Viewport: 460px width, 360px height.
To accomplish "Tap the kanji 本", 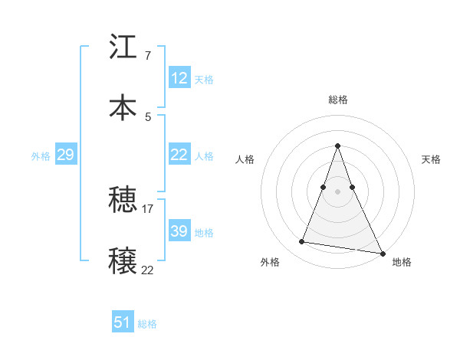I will point(123,107).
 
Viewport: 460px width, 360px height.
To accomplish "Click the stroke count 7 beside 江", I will point(147,56).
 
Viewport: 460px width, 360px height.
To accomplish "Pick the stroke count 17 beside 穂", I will point(148,208).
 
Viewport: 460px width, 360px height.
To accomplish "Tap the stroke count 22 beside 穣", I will point(148,270).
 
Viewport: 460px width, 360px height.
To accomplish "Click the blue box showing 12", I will point(179,78).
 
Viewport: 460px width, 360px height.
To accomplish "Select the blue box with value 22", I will point(179,155).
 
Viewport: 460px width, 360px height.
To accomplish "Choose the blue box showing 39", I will point(179,231).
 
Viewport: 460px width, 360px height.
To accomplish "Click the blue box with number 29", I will point(65,155).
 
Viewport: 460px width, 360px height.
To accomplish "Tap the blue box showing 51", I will point(123,322).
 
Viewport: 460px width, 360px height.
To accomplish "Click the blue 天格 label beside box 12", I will point(204,80).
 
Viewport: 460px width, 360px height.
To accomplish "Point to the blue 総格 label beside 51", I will point(147,324).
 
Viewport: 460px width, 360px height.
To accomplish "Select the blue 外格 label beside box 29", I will point(41,156).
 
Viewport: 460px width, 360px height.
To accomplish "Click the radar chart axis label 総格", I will point(337,100).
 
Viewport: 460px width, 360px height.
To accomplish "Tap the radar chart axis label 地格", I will point(402,262).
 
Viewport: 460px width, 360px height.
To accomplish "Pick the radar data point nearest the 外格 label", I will point(302,242).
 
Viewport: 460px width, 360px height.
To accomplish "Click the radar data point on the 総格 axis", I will point(337,146).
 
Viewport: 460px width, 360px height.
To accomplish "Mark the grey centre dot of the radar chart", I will point(337,191).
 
